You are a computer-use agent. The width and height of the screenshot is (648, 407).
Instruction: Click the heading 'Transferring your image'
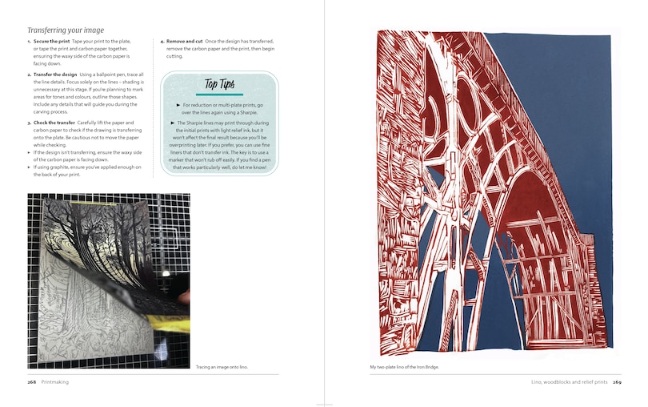point(66,30)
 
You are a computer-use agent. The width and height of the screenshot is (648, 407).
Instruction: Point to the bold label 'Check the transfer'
point(56,123)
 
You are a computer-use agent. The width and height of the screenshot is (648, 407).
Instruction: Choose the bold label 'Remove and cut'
point(185,41)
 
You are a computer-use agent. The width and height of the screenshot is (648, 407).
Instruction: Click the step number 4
point(162,41)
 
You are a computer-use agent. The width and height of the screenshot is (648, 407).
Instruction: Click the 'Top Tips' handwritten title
point(220,83)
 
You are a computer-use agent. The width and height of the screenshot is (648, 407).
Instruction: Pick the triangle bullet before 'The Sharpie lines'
point(173,123)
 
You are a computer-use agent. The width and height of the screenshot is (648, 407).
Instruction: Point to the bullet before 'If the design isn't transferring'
point(29,151)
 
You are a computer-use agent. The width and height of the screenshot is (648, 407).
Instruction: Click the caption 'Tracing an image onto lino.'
point(222,368)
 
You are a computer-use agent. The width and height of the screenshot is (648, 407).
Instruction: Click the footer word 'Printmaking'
point(58,382)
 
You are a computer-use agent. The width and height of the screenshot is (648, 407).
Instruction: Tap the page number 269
point(617,382)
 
